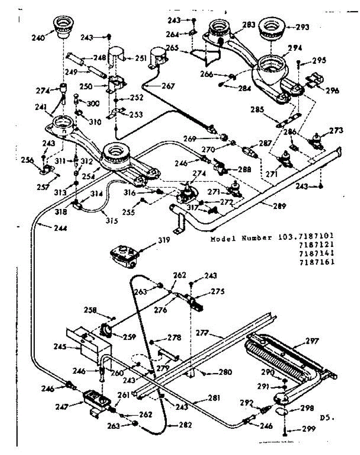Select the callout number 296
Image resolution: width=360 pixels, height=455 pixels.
(x=332, y=91)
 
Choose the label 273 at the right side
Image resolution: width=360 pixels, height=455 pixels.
(x=336, y=131)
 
